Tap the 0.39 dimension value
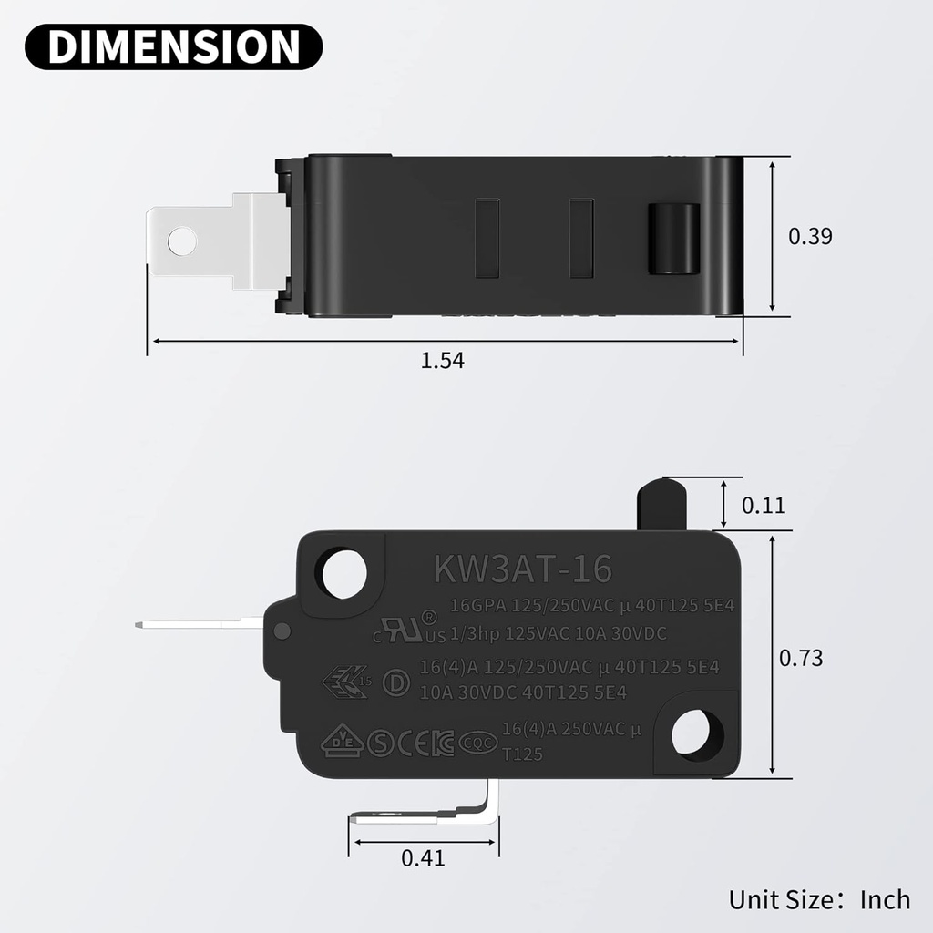810,236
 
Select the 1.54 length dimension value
443,360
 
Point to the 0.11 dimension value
764,505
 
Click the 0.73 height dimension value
801,657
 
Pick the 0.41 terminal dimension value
423,857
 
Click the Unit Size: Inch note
818,899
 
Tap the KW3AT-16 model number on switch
522,569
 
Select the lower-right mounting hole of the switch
699,732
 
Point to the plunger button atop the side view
661,502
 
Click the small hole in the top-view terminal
182,241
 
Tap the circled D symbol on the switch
395,683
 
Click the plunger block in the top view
672,239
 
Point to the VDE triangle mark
343,741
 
